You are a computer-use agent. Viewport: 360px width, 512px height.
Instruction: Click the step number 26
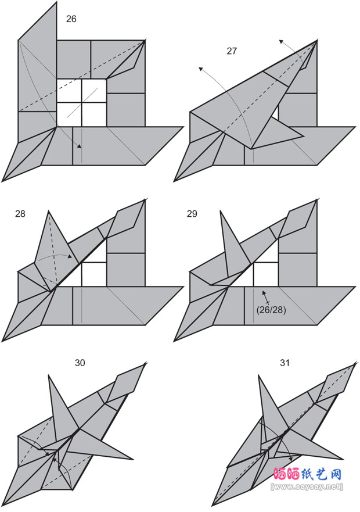tap(71, 19)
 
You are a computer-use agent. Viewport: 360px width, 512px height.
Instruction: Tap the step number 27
tap(232, 51)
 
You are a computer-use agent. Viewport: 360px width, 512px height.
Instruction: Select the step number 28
tap(20, 213)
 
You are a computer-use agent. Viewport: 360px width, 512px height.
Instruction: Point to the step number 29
tap(192, 213)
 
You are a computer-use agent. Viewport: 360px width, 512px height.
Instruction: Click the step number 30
tap(80, 363)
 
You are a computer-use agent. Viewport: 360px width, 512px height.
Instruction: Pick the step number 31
tap(285, 363)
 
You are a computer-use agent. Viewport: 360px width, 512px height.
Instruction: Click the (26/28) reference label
tap(271, 310)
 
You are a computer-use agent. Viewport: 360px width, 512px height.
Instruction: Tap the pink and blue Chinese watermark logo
tap(307, 474)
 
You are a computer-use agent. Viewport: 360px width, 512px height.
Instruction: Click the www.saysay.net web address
tap(307, 486)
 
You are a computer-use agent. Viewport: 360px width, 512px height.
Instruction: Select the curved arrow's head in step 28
tap(70, 257)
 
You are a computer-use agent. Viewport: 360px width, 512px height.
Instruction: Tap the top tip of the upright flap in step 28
tap(49, 211)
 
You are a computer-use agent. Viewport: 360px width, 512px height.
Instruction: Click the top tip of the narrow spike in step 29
tap(221, 212)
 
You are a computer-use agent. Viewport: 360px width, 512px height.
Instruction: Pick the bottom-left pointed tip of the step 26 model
tap(2, 181)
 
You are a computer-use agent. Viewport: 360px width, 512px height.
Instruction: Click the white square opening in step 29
tap(266, 274)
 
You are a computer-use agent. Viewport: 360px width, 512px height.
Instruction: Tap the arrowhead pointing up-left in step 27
tap(200, 69)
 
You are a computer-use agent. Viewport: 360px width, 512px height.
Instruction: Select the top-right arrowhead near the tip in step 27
tap(280, 41)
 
